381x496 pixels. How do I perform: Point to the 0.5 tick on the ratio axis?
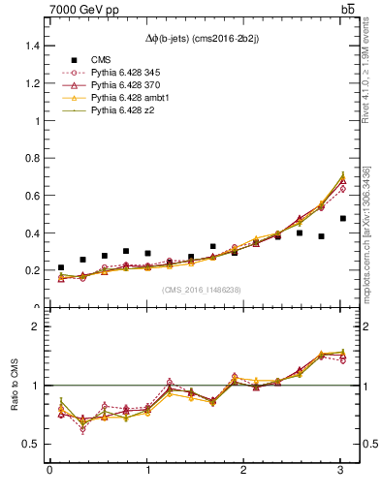click(30, 444)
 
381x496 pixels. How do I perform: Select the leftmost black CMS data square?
click(61, 267)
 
